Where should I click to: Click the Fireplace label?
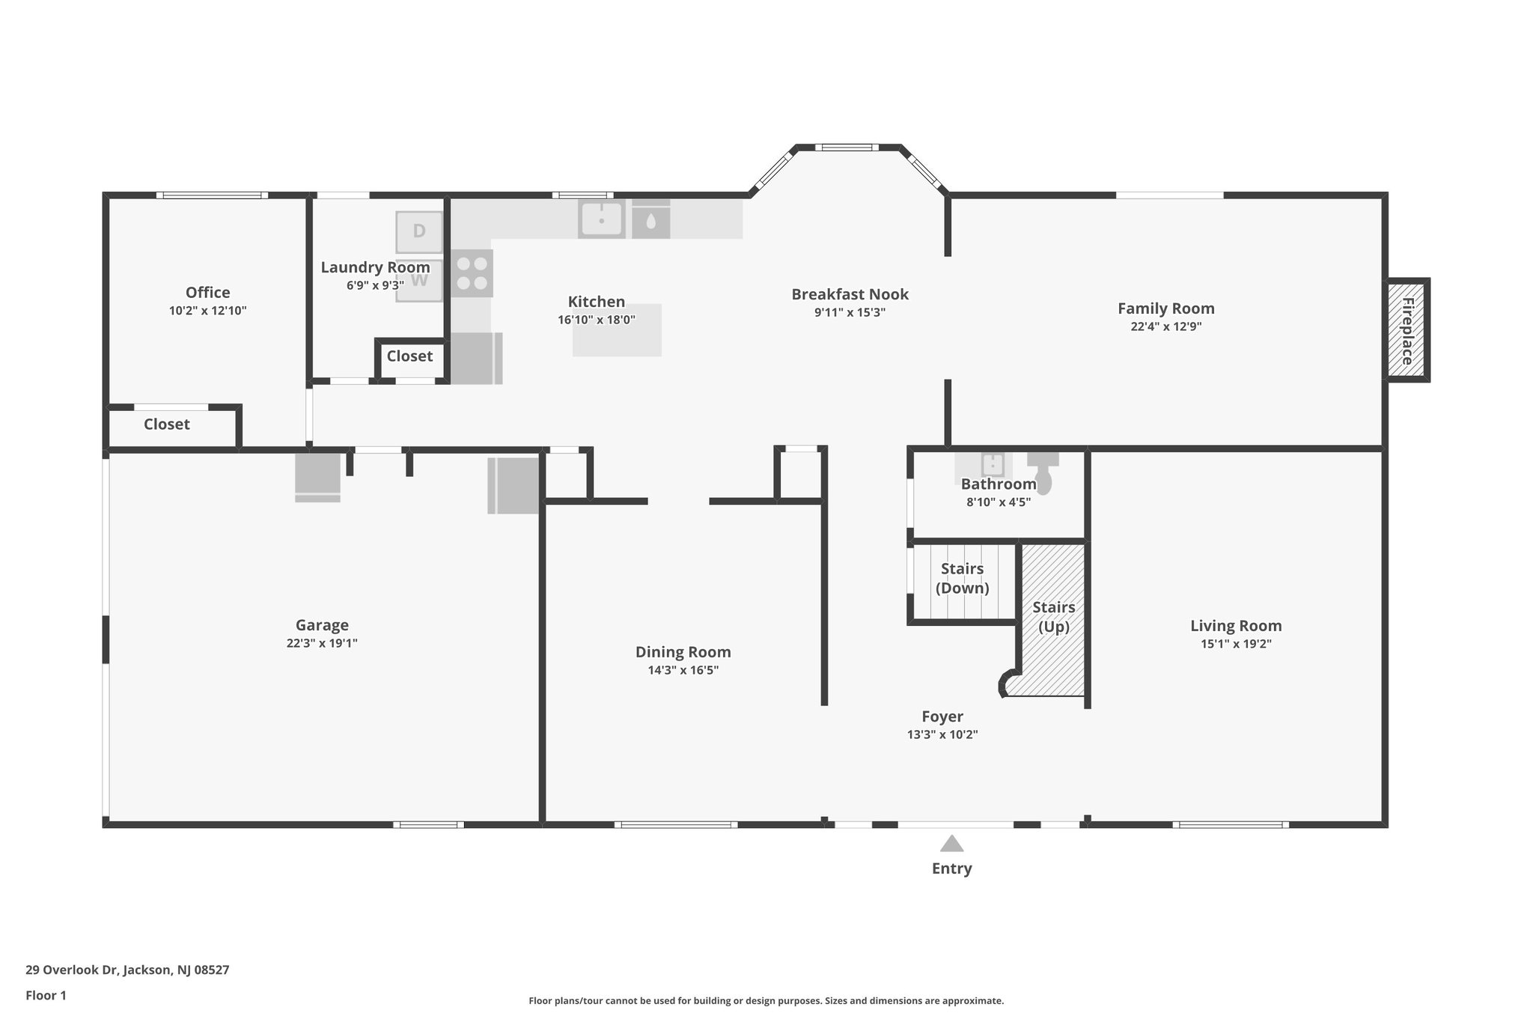click(x=1407, y=331)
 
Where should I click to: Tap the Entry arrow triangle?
click(x=951, y=844)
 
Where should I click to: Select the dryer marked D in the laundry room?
click(x=419, y=231)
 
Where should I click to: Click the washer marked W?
click(x=419, y=280)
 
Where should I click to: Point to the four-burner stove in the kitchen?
click(x=472, y=273)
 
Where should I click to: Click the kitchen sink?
click(x=601, y=219)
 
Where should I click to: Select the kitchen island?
click(x=618, y=329)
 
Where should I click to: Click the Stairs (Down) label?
click(x=962, y=578)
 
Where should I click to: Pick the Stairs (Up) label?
click(x=1054, y=617)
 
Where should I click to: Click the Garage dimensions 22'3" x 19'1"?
click(x=322, y=643)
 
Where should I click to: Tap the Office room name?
click(x=208, y=293)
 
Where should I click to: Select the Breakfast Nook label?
click(x=850, y=294)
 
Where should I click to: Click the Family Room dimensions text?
click(x=1166, y=326)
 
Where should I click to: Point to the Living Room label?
click(x=1236, y=626)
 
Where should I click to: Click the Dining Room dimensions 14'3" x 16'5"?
click(x=683, y=670)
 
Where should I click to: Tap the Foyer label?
click(x=942, y=717)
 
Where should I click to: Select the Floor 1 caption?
click(x=46, y=996)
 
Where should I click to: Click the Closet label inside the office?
click(x=167, y=425)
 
